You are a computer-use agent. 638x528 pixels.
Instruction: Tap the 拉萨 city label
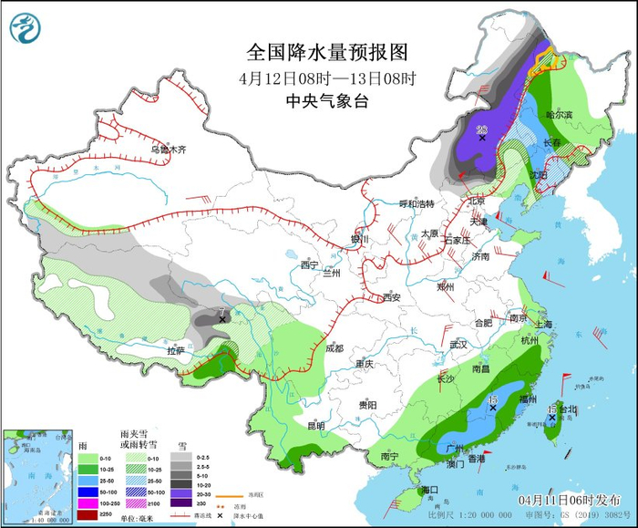tap(175, 350)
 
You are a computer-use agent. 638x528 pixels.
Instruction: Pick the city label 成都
tap(334, 347)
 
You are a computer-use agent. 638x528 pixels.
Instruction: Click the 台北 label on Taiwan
tap(567, 409)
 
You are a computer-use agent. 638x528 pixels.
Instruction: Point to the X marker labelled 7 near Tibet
tap(221, 320)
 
